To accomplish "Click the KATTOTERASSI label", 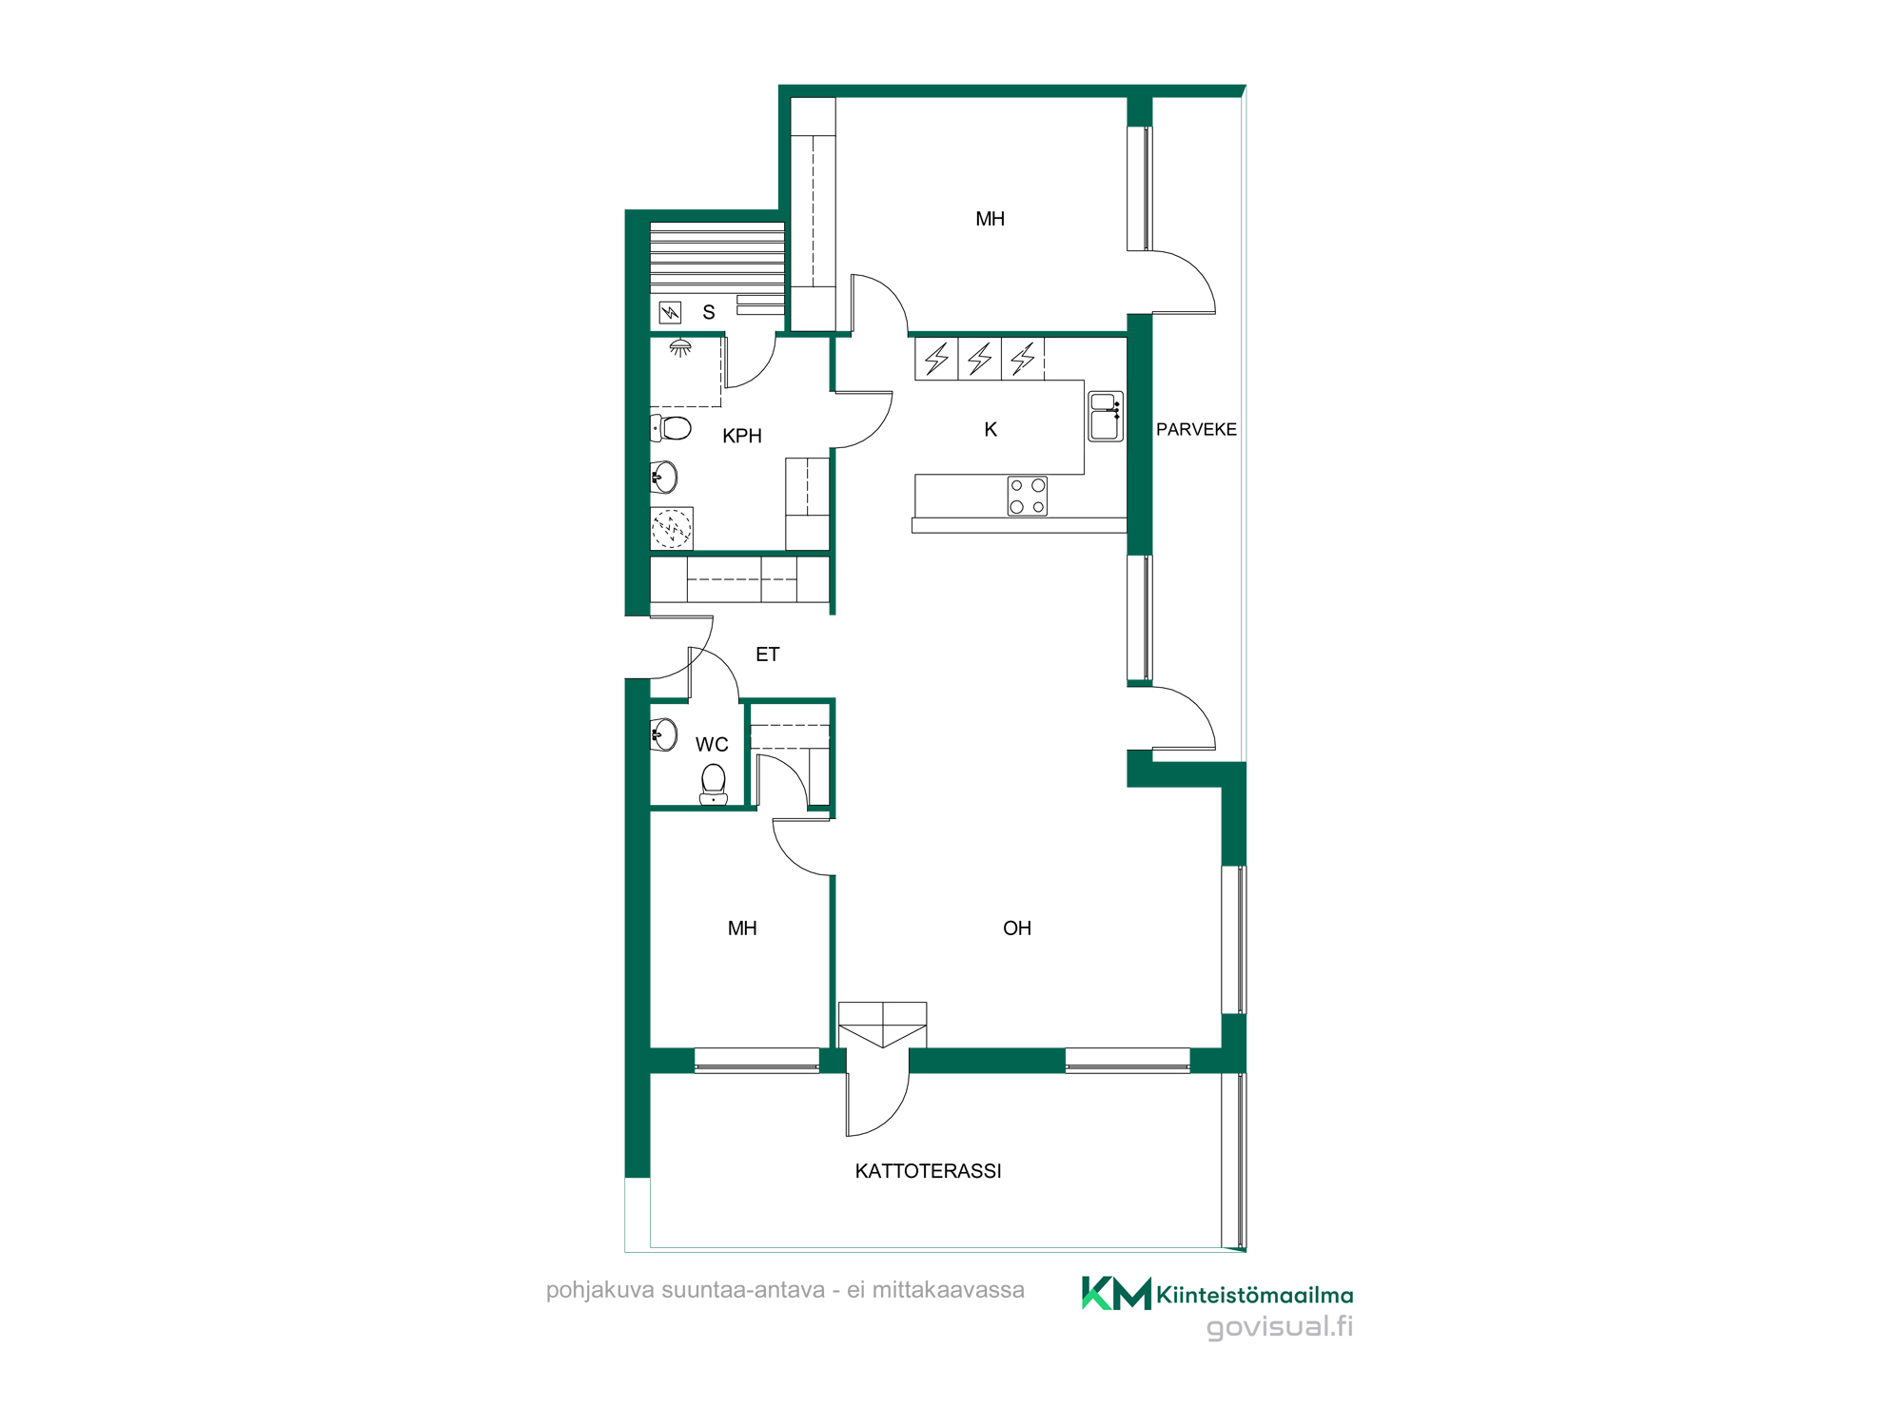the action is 928,1171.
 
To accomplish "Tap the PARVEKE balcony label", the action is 1196,429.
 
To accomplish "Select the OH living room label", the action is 1017,929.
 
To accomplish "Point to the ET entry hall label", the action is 767,655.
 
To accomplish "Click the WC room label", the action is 712,745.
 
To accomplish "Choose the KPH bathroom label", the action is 742,436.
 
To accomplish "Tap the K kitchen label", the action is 991,430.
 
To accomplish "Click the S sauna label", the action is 709,312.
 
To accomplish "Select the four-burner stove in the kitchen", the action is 1028,496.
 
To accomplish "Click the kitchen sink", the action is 1106,417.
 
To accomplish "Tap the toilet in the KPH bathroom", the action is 671,428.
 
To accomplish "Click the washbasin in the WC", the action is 663,734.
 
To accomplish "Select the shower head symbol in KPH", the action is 680,348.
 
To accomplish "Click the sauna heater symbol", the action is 671,312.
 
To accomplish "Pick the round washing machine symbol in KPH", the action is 672,528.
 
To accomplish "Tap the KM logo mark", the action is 1116,1294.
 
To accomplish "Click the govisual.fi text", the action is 1280,1327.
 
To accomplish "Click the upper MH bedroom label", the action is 991,219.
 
